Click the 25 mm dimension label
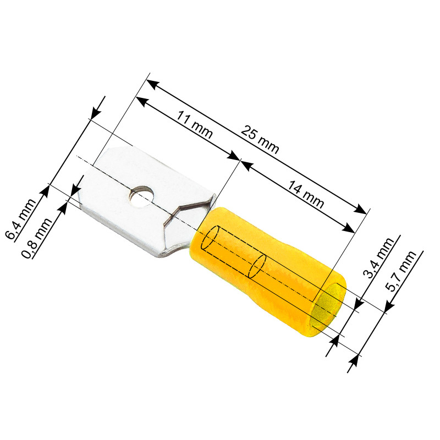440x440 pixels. [x=260, y=140]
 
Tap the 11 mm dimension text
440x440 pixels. [x=194, y=124]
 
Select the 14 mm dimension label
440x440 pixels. [x=306, y=195]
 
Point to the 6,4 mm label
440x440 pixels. [x=21, y=219]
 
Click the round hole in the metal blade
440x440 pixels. [x=142, y=196]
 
